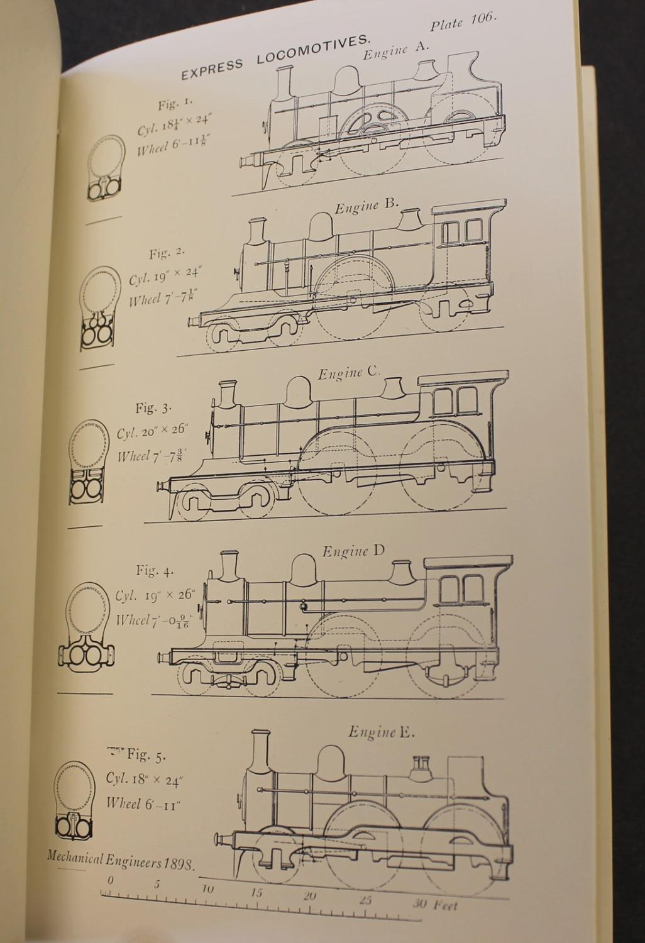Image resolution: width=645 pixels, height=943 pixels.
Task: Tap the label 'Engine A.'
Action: tap(396, 51)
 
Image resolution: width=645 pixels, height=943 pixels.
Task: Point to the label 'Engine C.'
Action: tap(350, 373)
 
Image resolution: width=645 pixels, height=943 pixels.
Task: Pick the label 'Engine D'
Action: tap(354, 551)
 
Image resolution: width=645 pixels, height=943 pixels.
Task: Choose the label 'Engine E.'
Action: tap(381, 732)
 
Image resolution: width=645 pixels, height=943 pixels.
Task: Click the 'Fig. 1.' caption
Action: tap(175, 104)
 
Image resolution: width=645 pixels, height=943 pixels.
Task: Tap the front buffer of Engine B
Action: tap(194, 322)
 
